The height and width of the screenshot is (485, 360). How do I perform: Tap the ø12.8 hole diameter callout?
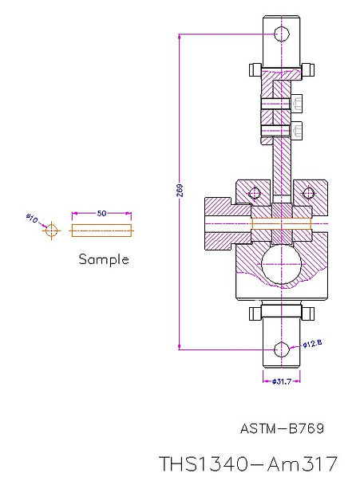coord(312,344)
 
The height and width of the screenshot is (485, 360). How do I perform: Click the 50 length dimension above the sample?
coord(101,214)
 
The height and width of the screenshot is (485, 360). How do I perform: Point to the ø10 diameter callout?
coord(32,217)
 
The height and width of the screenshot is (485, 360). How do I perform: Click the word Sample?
coord(103,259)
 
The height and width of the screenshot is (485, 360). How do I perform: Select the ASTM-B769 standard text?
coord(282,428)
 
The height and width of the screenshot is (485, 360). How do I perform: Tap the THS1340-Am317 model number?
coord(248,463)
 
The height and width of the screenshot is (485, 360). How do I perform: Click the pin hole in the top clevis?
coord(281,34)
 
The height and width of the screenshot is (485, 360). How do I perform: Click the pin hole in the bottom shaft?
coord(281,349)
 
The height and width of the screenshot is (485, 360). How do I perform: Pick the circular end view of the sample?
coord(51,231)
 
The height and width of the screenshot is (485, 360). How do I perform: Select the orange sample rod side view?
coord(101,231)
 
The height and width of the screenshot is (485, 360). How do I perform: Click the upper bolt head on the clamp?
coord(298,104)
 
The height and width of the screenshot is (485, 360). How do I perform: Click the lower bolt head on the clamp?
coord(298,130)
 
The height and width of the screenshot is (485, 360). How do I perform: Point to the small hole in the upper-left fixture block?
coord(255,192)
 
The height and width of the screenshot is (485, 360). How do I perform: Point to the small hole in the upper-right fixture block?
coord(308,192)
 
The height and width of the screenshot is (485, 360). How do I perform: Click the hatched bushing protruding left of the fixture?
coord(220,224)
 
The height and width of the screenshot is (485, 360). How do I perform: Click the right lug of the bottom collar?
coord(307,312)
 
